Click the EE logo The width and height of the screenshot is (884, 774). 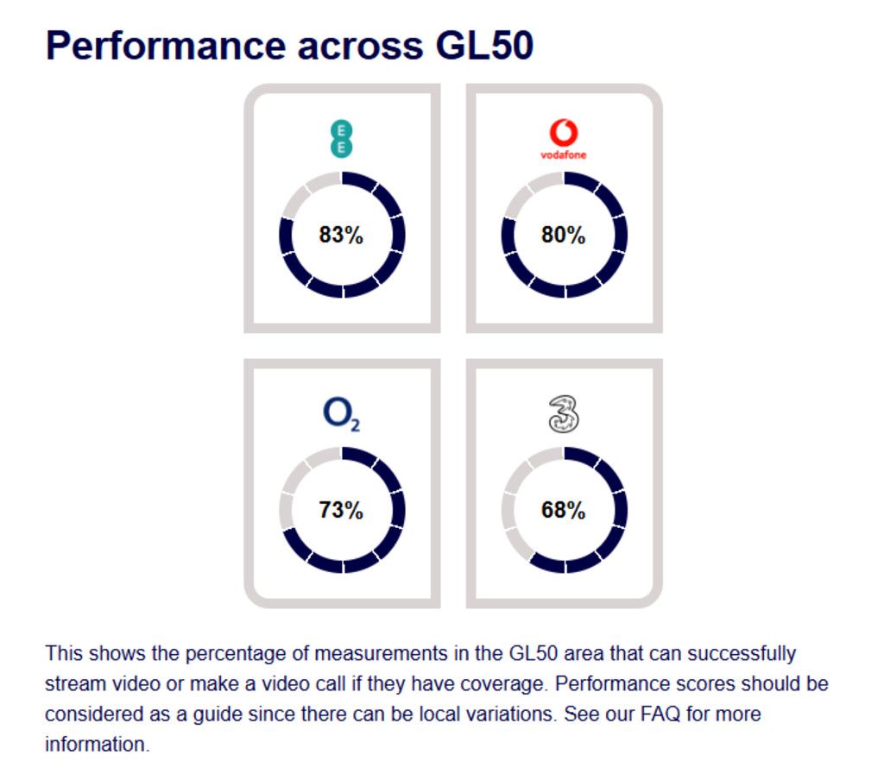[x=342, y=139]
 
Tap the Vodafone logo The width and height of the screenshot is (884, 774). [x=563, y=141]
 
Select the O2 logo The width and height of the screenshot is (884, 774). [x=342, y=415]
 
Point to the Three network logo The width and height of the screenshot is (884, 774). [x=564, y=414]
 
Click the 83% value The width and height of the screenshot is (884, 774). [x=342, y=235]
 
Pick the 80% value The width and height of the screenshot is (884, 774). [x=564, y=235]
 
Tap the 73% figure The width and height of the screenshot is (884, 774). [x=342, y=510]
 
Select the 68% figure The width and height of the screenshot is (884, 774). [x=564, y=510]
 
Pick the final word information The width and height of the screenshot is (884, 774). [x=97, y=745]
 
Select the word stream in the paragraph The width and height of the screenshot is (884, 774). [x=71, y=683]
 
